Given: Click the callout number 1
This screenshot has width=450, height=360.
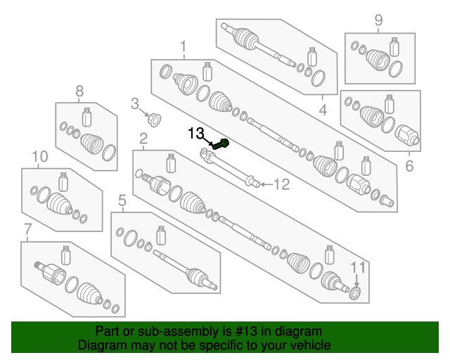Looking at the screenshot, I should pyautogui.click(x=184, y=48).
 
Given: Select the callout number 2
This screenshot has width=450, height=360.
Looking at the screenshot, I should pyautogui.click(x=143, y=138).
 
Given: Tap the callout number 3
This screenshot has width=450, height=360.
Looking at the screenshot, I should pyautogui.click(x=134, y=104).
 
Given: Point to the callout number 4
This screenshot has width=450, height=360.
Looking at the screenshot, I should pyautogui.click(x=323, y=110).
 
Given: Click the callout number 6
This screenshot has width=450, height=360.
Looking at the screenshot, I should pyautogui.click(x=409, y=167).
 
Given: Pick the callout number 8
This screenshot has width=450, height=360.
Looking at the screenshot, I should pyautogui.click(x=79, y=90).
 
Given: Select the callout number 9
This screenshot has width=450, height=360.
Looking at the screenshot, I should pyautogui.click(x=378, y=20).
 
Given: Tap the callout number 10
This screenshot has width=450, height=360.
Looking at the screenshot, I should pyautogui.click(x=40, y=155).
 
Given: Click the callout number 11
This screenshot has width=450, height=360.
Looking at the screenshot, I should pyautogui.click(x=359, y=267).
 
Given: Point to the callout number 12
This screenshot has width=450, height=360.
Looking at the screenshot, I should pyautogui.click(x=281, y=185).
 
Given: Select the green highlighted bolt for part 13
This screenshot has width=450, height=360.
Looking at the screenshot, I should pyautogui.click(x=224, y=145).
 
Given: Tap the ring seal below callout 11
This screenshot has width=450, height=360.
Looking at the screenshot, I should pyautogui.click(x=355, y=292).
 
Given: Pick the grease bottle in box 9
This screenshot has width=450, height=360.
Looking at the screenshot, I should pyautogui.click(x=394, y=46).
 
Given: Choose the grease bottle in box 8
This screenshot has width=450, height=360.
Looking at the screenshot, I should pyautogui.click(x=87, y=117).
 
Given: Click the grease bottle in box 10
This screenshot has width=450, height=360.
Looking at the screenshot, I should pyautogui.click(x=63, y=181).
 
